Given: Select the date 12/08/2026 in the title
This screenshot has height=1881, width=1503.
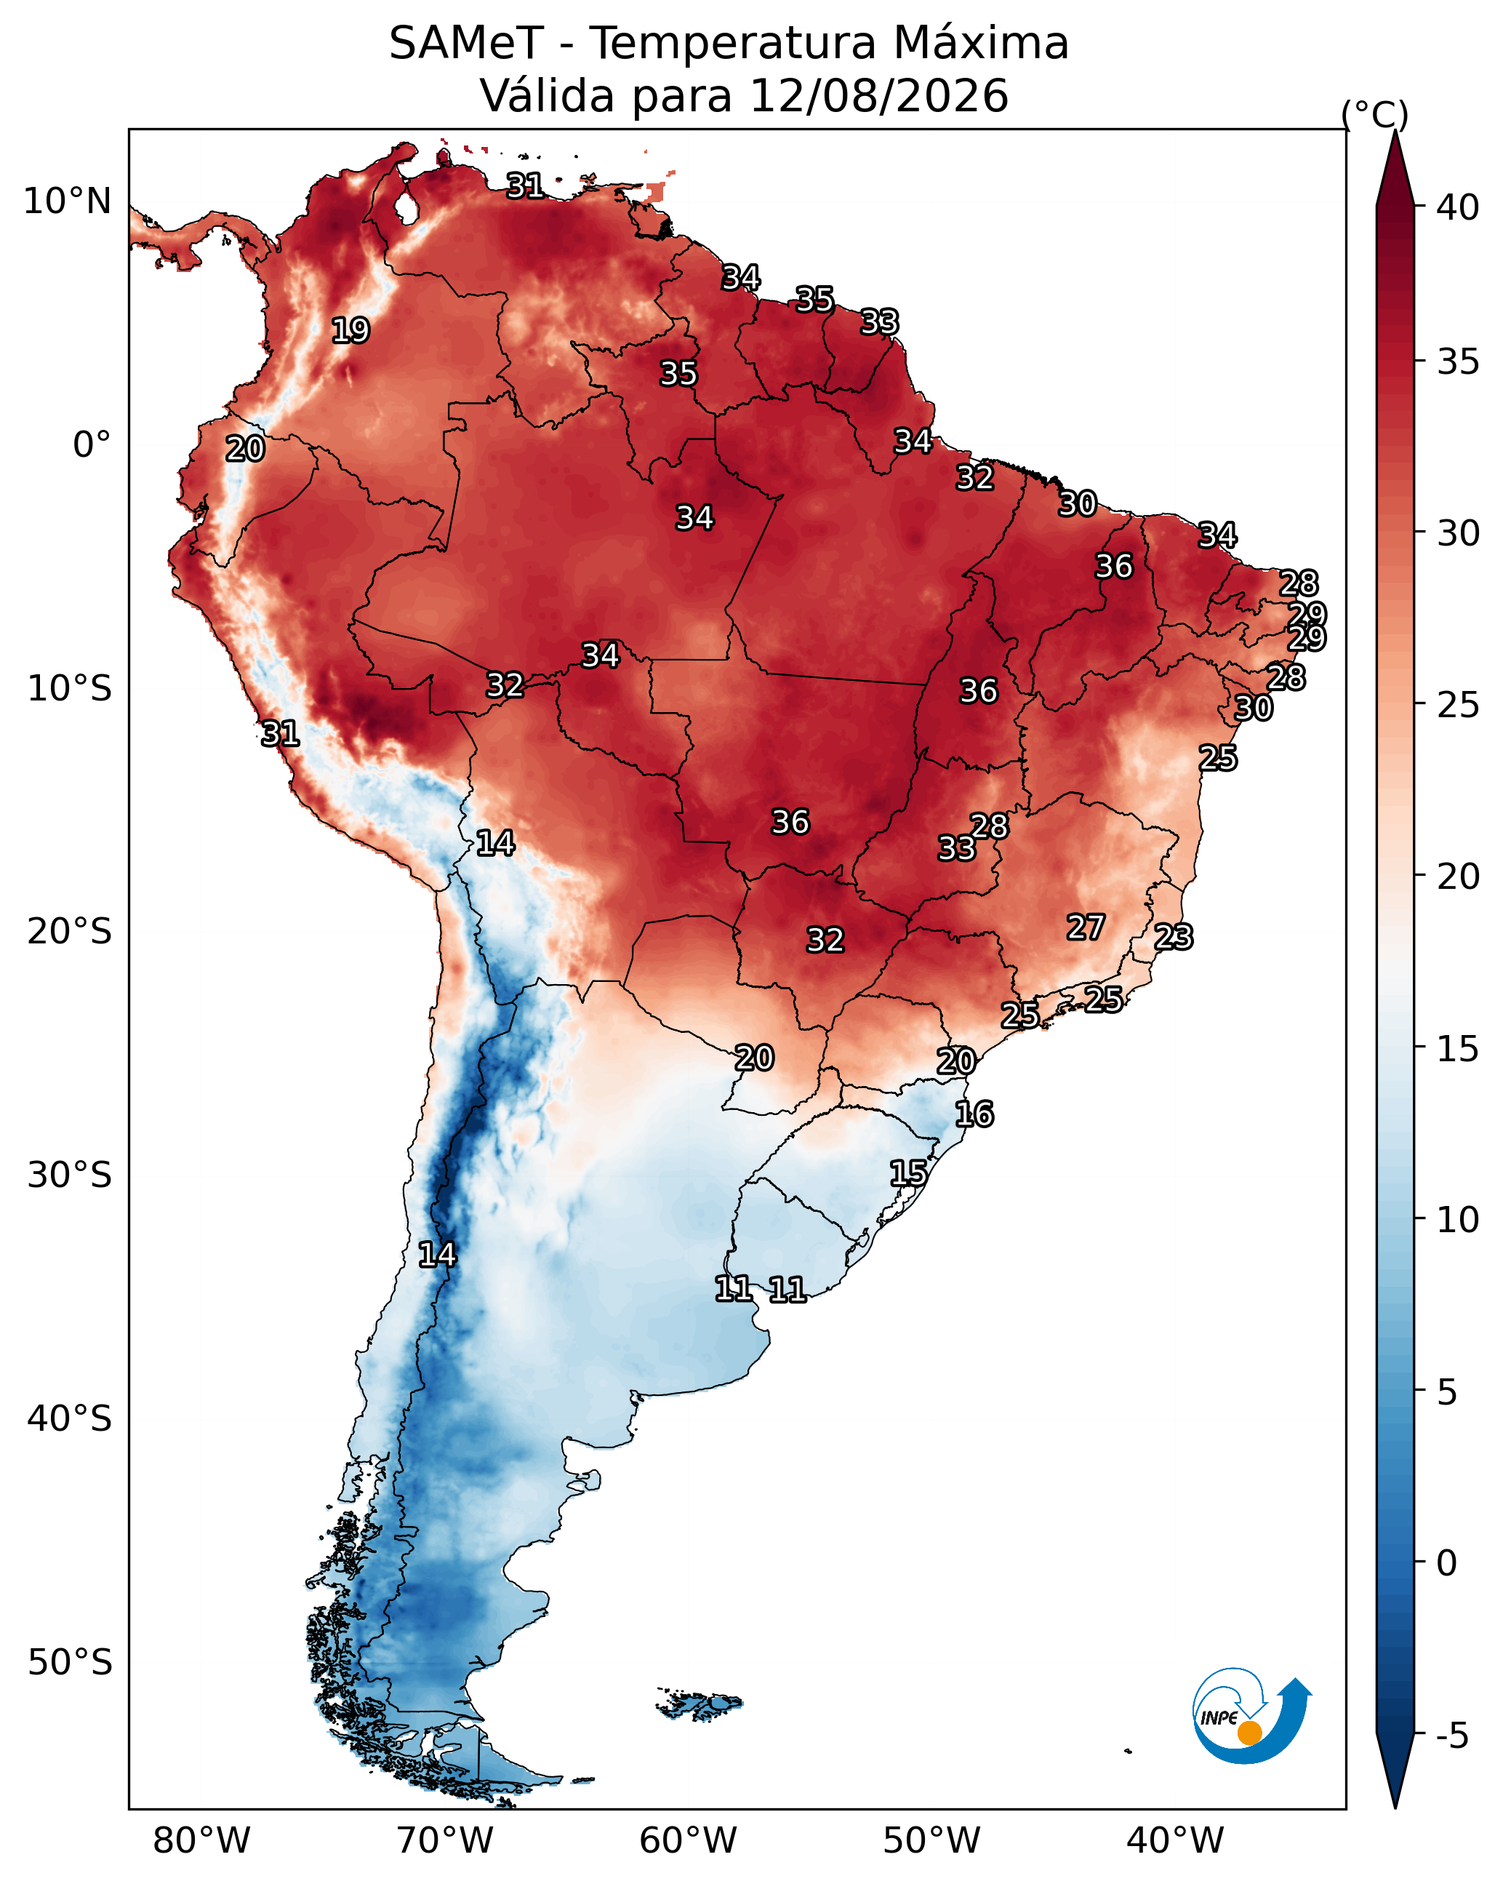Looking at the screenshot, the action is pyautogui.click(x=878, y=95).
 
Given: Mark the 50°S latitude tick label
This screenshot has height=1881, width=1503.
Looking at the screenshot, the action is pyautogui.click(x=70, y=1663).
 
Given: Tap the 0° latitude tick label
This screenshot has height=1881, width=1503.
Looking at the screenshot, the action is pyautogui.click(x=92, y=445).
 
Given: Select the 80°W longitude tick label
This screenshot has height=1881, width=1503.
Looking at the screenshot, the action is pyautogui.click(x=201, y=1841).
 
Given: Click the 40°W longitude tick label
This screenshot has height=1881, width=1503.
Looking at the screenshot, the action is pyautogui.click(x=1175, y=1841).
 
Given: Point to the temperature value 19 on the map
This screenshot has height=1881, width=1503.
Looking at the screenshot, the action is pyautogui.click(x=350, y=331).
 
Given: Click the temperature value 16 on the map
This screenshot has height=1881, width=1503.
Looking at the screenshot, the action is pyautogui.click(x=974, y=1114).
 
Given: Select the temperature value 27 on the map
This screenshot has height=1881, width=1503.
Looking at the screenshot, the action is pyautogui.click(x=1086, y=927).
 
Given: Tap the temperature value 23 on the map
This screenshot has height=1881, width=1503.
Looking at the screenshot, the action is pyautogui.click(x=1174, y=937).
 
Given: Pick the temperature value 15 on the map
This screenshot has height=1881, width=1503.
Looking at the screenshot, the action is pyautogui.click(x=909, y=1173).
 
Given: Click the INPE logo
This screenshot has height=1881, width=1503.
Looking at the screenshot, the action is pyautogui.click(x=1252, y=1715).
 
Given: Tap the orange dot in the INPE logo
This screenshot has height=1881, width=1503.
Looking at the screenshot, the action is pyautogui.click(x=1249, y=1733).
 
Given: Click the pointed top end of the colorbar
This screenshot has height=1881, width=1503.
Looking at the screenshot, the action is pyautogui.click(x=1395, y=132).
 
